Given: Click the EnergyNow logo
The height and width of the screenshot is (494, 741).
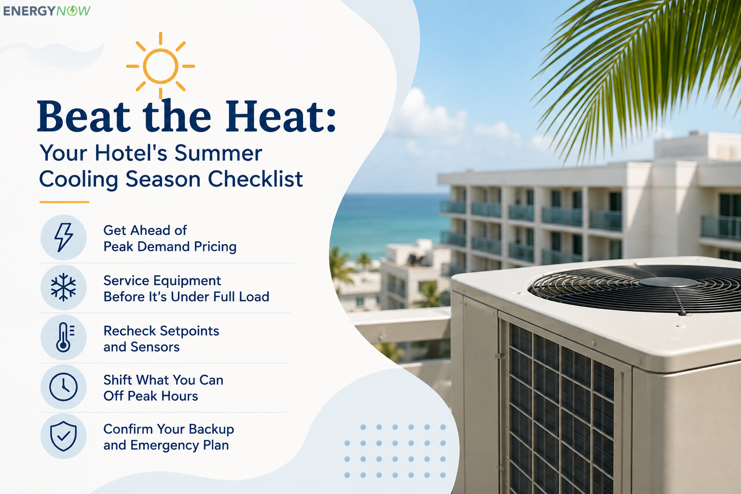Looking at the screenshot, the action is coord(47,11).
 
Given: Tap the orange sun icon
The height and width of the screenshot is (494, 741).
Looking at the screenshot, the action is coord(161,66).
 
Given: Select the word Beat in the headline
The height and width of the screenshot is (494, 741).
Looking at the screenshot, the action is coord(84,116).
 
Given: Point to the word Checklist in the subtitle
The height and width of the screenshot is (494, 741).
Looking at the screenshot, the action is coord(255,179).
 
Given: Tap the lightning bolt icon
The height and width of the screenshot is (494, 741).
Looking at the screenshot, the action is coord(64,237).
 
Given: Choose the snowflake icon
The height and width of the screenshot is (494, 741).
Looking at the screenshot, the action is coord(64,287).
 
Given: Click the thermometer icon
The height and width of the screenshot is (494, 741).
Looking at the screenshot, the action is coord(65,337).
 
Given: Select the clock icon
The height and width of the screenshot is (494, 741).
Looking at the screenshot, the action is coord(64,387).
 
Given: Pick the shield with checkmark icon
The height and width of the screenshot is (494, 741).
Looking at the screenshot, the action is coord(64,436).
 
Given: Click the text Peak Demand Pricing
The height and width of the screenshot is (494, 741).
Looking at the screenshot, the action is coord(170,247).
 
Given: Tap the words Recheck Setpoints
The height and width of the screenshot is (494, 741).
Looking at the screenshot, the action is coord(161,331).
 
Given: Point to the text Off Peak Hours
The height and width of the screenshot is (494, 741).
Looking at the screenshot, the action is coord(151,396).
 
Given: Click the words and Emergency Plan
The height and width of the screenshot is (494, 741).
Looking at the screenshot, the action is coord(166,445).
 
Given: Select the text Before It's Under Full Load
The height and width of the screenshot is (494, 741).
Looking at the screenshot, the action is coord(186,297).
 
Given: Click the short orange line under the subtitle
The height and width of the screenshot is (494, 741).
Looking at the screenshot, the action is coord(65,202).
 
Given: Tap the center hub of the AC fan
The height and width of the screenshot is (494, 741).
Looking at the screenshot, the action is coord(668,282).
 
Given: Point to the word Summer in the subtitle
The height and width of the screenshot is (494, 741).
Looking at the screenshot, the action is coord(218,153).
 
